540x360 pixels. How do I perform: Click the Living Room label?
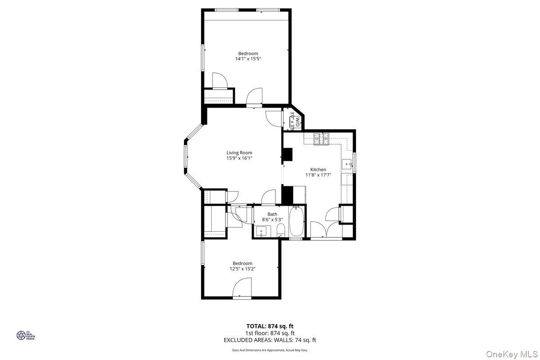coord(239,153)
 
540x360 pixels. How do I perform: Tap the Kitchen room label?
coord(318,170)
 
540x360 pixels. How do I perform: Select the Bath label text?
coord(272,214)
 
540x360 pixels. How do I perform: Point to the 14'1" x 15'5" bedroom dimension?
coord(248,59)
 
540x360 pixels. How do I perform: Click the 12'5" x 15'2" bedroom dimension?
coord(242,269)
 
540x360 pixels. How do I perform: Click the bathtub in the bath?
coord(296,221)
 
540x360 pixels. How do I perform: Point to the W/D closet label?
coord(294,121)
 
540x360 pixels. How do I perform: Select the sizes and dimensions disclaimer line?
coord(270,350)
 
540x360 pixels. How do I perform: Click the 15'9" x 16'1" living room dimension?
coord(239,158)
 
